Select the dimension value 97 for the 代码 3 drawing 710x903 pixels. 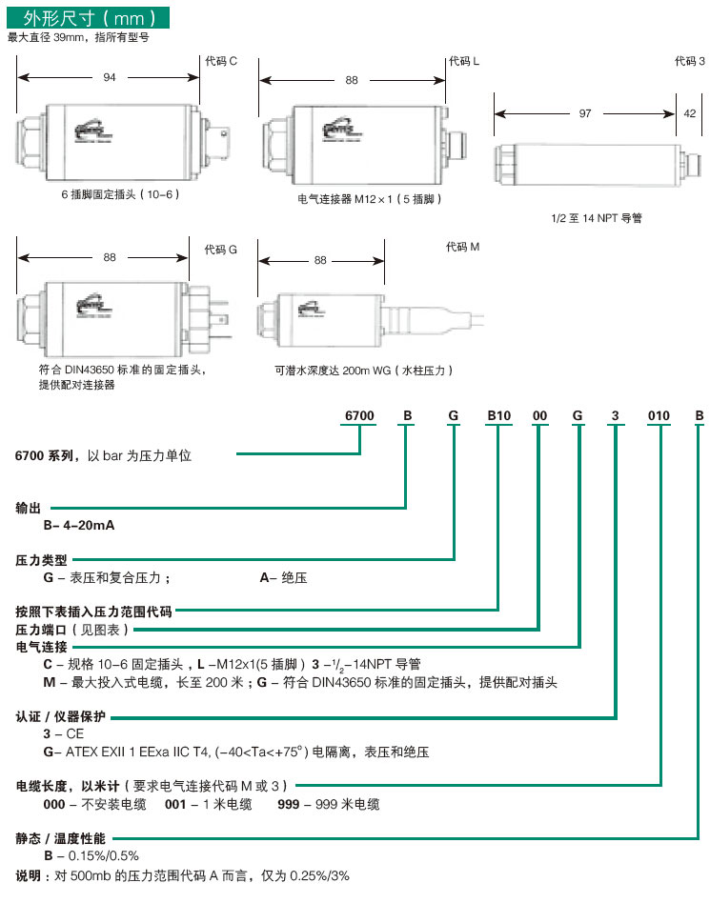click(x=585, y=113)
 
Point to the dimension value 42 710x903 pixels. click(x=689, y=113)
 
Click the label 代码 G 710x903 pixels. click(x=220, y=250)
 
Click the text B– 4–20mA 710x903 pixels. click(x=79, y=525)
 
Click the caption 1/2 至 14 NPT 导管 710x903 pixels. click(x=597, y=218)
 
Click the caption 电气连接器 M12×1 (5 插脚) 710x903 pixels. click(x=370, y=200)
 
